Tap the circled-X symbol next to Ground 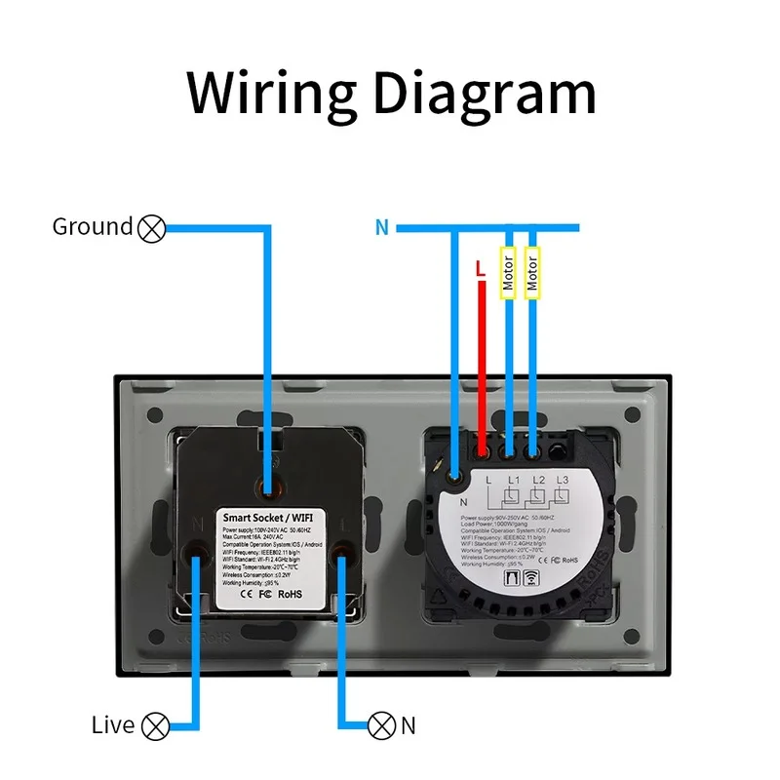(151, 228)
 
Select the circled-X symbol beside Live (155, 725)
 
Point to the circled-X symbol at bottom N (381, 725)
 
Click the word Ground (93, 227)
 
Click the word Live (113, 725)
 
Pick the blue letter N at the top (381, 228)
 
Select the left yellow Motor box (507, 274)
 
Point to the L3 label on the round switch (562, 480)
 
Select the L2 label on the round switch (537, 480)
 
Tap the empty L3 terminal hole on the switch (557, 452)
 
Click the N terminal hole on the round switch (454, 476)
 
